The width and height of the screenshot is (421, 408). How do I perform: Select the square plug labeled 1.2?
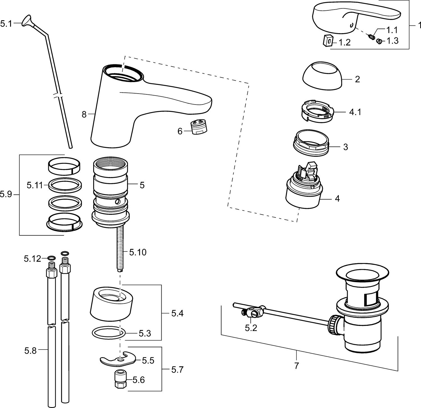point(328,40)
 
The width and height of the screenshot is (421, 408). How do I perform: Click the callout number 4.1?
point(355,112)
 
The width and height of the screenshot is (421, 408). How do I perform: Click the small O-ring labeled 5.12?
point(51,258)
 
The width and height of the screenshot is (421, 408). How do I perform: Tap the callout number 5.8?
point(30,351)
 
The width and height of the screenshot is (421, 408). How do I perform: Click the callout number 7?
point(297,366)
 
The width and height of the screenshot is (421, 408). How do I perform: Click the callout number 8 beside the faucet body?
point(84,114)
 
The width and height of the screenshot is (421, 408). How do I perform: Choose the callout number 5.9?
point(6,194)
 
